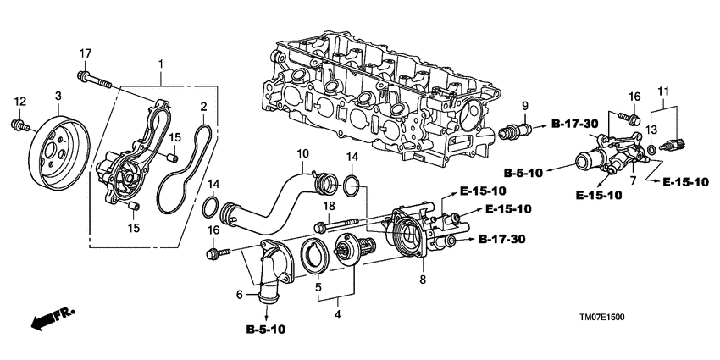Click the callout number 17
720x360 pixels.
coord(85,54)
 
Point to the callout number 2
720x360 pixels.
coord(203,107)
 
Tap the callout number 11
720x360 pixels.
coord(663,91)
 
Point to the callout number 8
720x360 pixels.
coord(423,279)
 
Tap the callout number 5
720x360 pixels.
coord(318,288)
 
